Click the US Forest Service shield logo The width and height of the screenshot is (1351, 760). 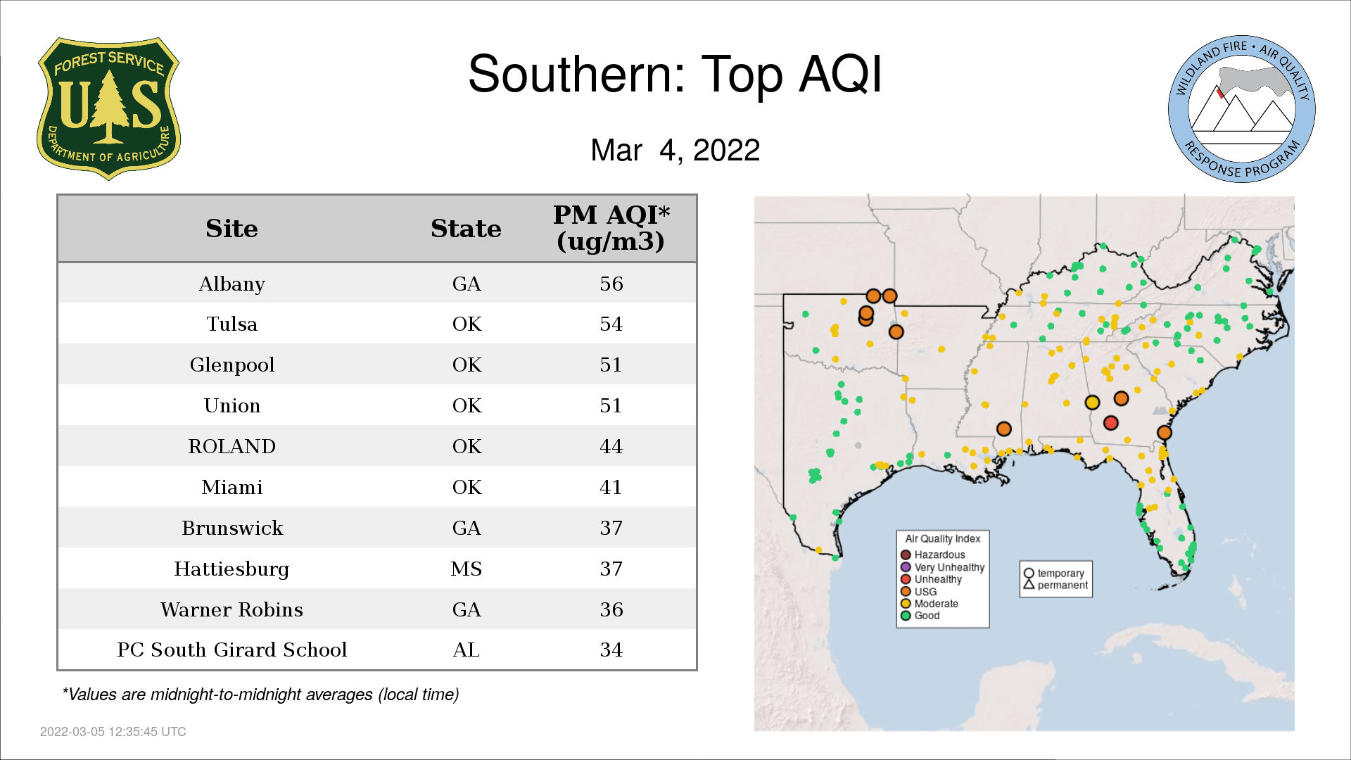tap(108, 108)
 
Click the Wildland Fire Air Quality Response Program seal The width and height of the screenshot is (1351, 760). tap(1242, 109)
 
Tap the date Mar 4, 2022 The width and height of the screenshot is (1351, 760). tap(675, 150)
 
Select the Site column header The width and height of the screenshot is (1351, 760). tap(231, 229)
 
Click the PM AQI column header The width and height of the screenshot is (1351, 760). tap(611, 228)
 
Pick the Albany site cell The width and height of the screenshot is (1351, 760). tap(231, 284)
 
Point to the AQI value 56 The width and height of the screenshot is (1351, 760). tap(611, 284)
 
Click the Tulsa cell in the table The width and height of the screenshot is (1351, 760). tap(231, 324)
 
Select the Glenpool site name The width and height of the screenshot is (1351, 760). tap(231, 365)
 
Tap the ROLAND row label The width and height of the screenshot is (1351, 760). tap(231, 446)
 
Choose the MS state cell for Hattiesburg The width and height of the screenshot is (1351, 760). tap(466, 569)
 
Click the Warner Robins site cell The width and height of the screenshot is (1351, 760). tap(231, 609)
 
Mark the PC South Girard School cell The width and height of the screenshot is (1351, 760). tap(231, 650)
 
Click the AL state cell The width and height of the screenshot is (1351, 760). tap(466, 650)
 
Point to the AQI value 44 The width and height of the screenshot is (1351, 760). tap(611, 446)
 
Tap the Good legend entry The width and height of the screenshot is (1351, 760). tap(920, 616)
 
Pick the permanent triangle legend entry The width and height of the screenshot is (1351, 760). tap(1055, 585)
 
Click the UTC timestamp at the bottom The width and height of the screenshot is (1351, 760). tap(113, 732)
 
